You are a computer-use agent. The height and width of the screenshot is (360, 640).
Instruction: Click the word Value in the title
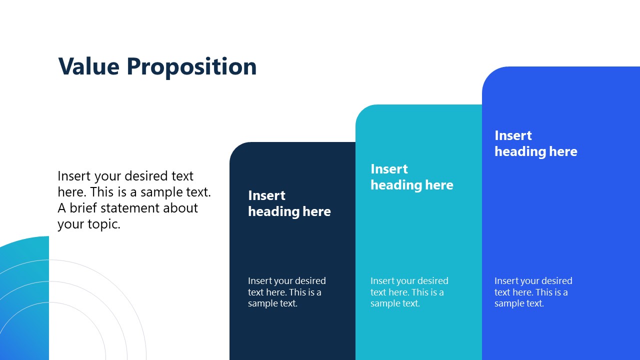[88, 66]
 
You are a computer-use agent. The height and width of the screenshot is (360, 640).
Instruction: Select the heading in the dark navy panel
[289, 203]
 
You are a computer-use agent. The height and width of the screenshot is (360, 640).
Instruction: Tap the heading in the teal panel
[411, 177]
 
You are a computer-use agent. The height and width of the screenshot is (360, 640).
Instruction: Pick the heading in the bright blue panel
[535, 143]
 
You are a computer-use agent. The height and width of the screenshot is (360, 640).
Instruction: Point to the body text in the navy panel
[286, 292]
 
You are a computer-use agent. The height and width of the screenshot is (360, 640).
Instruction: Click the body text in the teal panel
[409, 292]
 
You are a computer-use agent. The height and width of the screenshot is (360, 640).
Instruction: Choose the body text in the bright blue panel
[533, 292]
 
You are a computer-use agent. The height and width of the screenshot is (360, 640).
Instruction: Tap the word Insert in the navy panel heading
[266, 195]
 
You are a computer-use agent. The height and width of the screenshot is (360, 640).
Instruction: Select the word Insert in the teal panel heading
[389, 169]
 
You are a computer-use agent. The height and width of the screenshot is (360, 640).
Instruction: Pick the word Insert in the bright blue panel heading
[513, 135]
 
